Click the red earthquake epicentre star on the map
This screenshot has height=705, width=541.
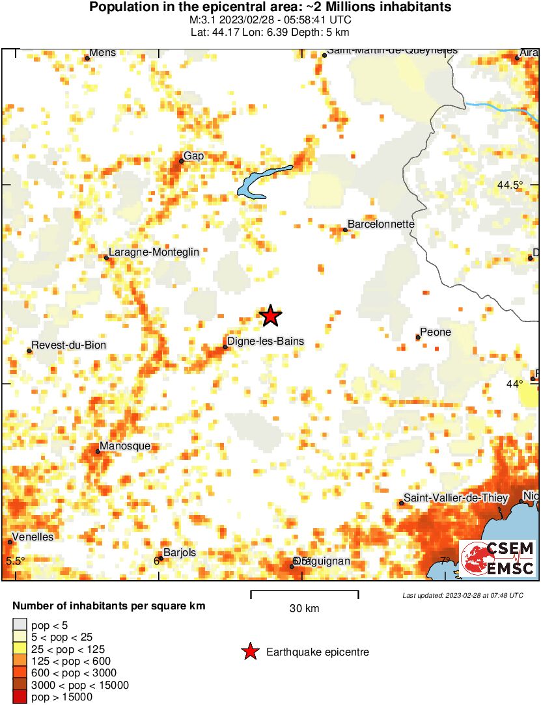(x=271, y=316)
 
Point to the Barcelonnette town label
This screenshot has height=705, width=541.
(x=381, y=224)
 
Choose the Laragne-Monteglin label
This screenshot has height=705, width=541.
(x=154, y=252)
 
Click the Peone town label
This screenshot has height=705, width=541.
(x=436, y=332)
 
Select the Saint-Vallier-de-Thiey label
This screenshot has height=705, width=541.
(x=456, y=498)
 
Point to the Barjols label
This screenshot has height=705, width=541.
(x=179, y=553)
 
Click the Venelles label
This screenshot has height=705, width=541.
(x=32, y=537)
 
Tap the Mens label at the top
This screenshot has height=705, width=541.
(x=102, y=53)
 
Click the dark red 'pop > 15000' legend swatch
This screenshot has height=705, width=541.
(x=20, y=697)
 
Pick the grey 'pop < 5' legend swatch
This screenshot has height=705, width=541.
(x=20, y=624)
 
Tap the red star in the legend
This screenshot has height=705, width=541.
(x=250, y=652)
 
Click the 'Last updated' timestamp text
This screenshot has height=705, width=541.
(x=462, y=595)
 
